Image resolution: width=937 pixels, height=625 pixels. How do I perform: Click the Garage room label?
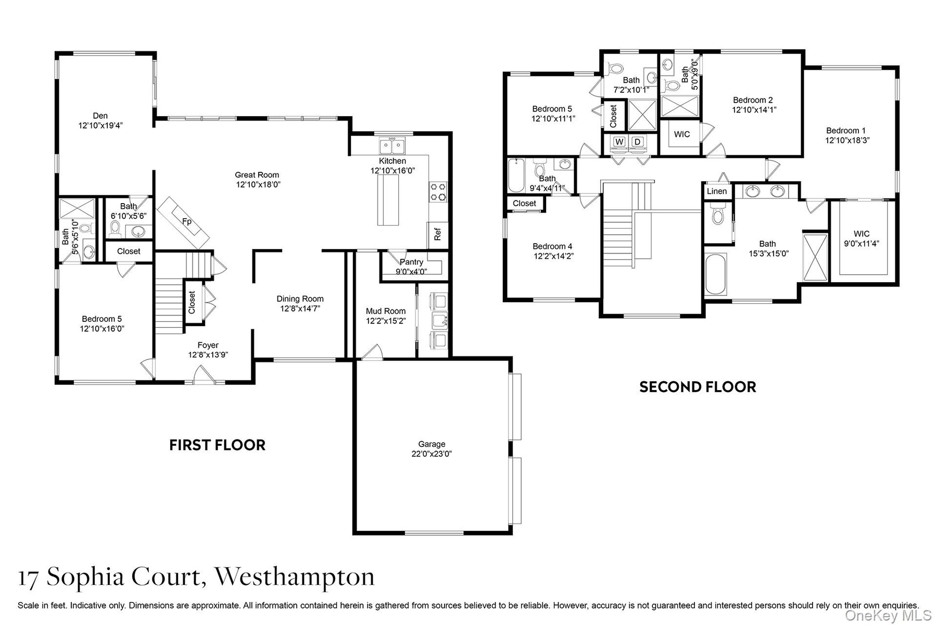[x=432, y=444]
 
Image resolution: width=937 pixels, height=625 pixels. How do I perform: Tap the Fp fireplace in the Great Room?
[x=183, y=223]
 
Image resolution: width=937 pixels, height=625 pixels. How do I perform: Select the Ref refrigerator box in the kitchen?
[x=437, y=234]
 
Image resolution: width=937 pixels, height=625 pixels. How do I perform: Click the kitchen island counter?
[x=388, y=200]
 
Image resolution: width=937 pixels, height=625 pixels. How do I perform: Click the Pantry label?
[x=411, y=262]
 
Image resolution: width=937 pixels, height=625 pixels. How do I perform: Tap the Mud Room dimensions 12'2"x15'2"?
[x=386, y=321]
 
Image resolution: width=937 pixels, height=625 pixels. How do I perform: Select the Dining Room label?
[x=300, y=298]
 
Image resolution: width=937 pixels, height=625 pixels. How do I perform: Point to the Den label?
[x=100, y=116]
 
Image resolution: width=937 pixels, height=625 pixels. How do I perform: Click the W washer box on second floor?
[x=619, y=142]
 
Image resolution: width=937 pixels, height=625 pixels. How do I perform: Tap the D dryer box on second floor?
[x=637, y=142]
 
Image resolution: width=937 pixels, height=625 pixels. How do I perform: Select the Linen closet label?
[x=717, y=191]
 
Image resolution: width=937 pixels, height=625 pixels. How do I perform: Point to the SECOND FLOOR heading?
[x=698, y=387]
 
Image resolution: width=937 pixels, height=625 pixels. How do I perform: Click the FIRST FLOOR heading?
[x=217, y=445]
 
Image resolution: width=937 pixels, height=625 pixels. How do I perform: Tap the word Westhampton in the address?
[x=295, y=577]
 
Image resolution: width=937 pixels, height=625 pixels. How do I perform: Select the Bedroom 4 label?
[x=552, y=246]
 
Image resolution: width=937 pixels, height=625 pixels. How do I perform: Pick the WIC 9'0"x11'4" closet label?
[x=862, y=238]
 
